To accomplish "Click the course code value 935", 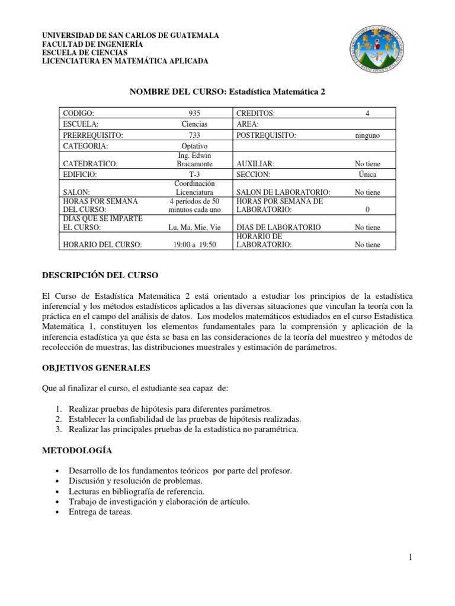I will pos(195,112).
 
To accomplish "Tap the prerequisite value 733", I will pos(195,136).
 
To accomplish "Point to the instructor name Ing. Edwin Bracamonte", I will pos(195,159).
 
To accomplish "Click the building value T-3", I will pos(195,175).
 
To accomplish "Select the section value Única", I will pos(367,175).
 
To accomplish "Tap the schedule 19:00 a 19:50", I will pos(195,244).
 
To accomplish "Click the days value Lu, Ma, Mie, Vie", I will pos(195,227).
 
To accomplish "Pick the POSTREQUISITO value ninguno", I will pos(367,136).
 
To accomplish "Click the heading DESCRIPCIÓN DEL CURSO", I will pos(100,275).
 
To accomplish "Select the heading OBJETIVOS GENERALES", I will pos(95,368).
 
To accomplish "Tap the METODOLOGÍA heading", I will pos(76,450).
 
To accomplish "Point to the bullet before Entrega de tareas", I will pos(56,513).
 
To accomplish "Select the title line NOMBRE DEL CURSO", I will pos(227,92).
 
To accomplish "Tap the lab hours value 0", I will pos(367,209).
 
